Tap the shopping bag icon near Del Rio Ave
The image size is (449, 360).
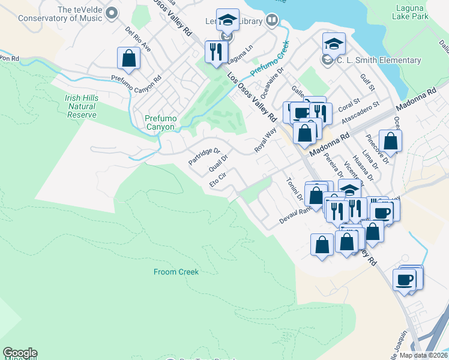(128, 58)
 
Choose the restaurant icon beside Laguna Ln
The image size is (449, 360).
(215, 52)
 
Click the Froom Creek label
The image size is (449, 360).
(176, 272)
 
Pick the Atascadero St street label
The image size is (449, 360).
(360, 112)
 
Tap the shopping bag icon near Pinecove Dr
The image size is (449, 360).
(390, 142)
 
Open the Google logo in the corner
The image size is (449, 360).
(20, 353)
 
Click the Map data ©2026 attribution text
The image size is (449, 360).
(423, 355)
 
